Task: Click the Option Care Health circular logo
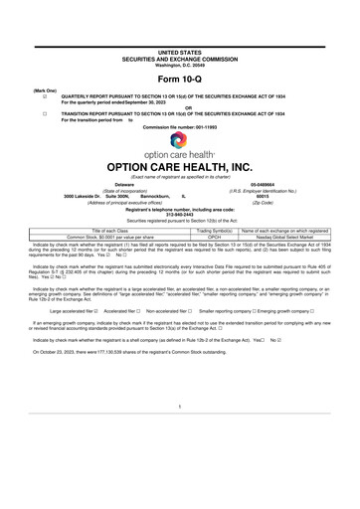click(x=179, y=142)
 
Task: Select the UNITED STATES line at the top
click(x=179, y=51)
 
